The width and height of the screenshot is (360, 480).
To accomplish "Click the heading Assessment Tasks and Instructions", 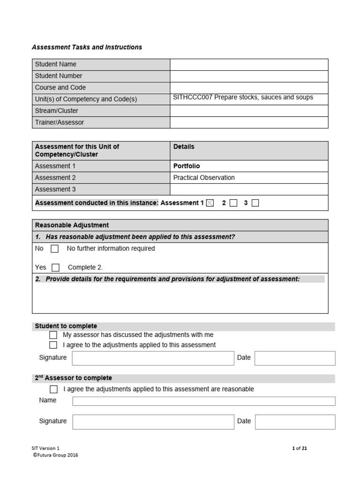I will click(x=87, y=47).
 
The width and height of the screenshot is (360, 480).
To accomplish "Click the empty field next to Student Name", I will click(x=248, y=64).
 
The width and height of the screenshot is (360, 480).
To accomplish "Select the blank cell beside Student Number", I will click(x=248, y=76).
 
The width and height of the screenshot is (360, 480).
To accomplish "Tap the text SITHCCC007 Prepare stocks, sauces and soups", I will click(x=243, y=97).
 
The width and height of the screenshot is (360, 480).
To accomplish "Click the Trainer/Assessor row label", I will click(x=60, y=122).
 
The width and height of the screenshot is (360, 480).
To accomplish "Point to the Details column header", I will click(x=184, y=147).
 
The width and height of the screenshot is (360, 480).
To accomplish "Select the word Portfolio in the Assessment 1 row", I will click(x=187, y=166).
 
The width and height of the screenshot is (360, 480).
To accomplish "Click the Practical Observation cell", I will click(x=204, y=178).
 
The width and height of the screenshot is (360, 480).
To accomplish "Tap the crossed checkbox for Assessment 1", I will click(x=210, y=203).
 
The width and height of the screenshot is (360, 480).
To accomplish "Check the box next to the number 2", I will click(x=233, y=203).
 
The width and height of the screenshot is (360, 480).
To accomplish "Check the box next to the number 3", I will click(x=255, y=203).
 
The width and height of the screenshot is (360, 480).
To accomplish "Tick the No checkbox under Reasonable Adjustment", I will click(x=54, y=249).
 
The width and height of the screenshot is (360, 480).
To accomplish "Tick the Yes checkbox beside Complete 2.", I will click(x=55, y=268).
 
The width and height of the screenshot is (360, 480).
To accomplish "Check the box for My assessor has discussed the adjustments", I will click(x=53, y=335).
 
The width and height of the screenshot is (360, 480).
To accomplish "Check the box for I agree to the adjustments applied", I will click(x=53, y=345).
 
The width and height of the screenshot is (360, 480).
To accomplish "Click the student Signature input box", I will click(x=153, y=358).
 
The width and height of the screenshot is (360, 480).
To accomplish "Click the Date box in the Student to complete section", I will click(x=295, y=358).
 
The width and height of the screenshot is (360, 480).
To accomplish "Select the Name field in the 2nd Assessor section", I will click(x=204, y=401).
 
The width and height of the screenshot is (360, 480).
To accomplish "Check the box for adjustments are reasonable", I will click(x=53, y=390).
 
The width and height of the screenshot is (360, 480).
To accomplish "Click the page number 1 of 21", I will click(x=300, y=448).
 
